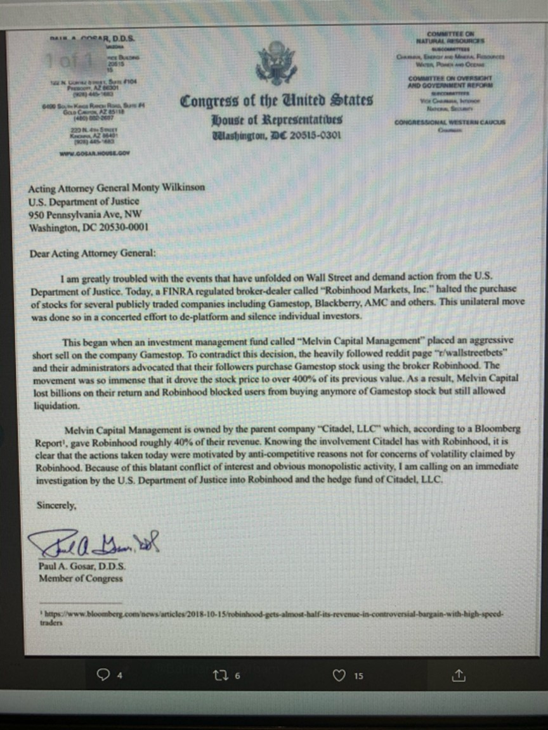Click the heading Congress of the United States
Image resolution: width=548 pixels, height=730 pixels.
277,101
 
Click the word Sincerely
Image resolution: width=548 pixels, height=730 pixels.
56,506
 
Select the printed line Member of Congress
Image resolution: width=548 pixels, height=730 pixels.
81,579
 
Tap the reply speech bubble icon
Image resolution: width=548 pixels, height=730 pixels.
102,676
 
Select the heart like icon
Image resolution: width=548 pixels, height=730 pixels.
339,676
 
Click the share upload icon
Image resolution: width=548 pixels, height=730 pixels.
458,676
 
